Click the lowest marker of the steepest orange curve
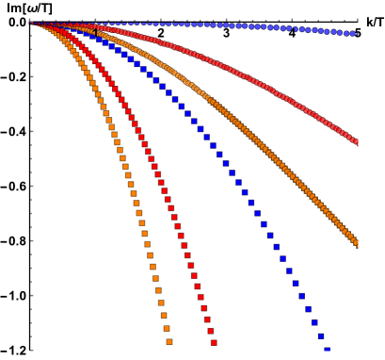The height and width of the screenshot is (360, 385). click(169, 341)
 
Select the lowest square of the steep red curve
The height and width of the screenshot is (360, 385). click(214, 343)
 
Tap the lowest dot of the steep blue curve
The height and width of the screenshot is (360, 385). click(328, 351)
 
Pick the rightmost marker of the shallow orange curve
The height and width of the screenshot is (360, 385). click(358, 245)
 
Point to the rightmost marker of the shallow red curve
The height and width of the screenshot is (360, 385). click(358, 143)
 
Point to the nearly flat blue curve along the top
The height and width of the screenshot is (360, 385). click(235, 25)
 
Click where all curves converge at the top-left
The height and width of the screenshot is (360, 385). click(31, 22)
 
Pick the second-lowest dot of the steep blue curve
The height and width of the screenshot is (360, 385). click(321, 336)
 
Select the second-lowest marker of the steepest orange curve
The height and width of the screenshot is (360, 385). click(167, 329)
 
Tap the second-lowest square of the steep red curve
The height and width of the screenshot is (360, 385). click(210, 332)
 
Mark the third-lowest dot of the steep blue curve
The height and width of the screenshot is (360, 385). click(314, 322)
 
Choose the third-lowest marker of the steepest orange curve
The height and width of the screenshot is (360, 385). click(164, 316)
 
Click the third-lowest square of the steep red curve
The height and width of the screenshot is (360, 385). click(206, 320)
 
